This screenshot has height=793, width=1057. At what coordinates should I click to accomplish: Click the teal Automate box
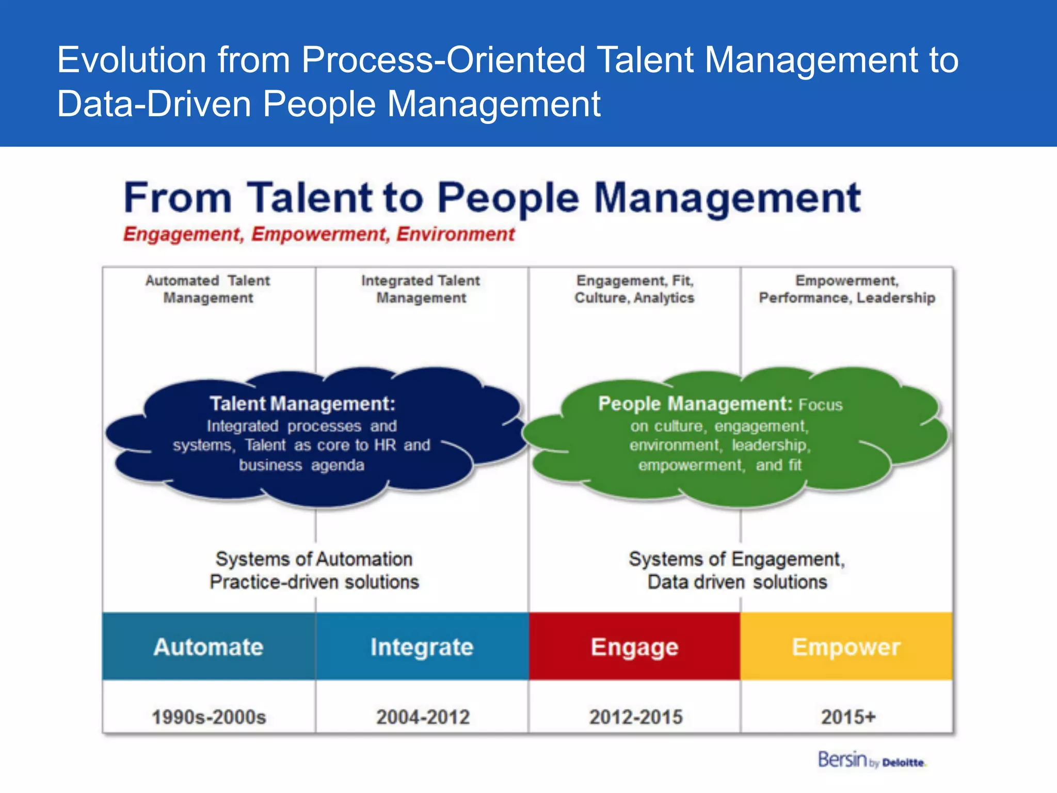[209, 646]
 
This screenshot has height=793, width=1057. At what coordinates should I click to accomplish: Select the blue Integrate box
[422, 646]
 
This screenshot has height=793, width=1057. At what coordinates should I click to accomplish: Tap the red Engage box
[634, 646]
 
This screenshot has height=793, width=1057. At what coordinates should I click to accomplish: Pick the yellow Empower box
[846, 646]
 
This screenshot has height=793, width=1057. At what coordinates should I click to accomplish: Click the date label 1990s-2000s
[209, 717]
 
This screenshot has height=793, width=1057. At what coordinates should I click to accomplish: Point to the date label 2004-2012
[423, 717]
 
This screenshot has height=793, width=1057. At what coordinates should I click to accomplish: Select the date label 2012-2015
[636, 717]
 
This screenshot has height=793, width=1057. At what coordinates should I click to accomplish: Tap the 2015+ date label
[848, 717]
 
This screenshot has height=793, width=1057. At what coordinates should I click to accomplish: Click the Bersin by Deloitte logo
[871, 760]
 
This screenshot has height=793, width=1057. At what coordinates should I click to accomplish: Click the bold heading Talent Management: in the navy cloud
[302, 403]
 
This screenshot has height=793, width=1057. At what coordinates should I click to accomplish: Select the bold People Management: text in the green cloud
[695, 403]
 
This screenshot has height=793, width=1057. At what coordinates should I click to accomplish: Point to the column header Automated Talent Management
[208, 289]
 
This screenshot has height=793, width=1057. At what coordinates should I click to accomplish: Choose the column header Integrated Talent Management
[421, 289]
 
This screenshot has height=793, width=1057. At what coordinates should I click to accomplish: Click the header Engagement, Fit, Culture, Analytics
[634, 289]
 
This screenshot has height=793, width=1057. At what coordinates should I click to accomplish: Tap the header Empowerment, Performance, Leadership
[846, 289]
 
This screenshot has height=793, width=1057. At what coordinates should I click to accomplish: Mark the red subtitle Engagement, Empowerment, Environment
[318, 234]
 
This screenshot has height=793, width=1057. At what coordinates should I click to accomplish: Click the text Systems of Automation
[314, 559]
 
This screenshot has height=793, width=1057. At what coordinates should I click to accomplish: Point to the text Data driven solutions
[737, 582]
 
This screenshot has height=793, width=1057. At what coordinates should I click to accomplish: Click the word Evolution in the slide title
[132, 60]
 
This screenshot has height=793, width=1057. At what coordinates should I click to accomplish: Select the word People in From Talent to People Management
[508, 198]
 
